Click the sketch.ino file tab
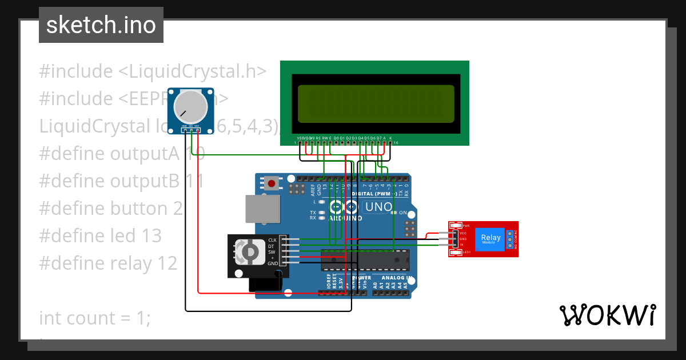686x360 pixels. (x=101, y=25)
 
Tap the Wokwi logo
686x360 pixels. (x=607, y=315)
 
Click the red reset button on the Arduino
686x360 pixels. (x=272, y=184)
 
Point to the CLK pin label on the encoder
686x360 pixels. (x=272, y=239)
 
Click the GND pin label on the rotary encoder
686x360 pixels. (x=273, y=263)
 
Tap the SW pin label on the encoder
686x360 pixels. (x=272, y=251)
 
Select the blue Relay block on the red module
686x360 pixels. (x=491, y=239)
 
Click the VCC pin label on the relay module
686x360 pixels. (x=462, y=233)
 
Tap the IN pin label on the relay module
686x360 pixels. (x=461, y=245)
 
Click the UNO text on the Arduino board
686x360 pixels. (x=378, y=207)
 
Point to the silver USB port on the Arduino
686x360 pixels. (x=262, y=209)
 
